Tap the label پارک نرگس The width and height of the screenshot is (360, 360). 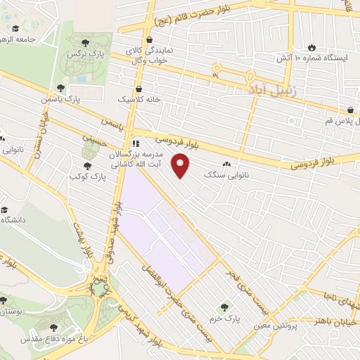(81, 53)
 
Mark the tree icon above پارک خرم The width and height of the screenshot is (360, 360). (224, 307)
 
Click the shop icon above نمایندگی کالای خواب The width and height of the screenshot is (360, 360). (152, 41)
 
